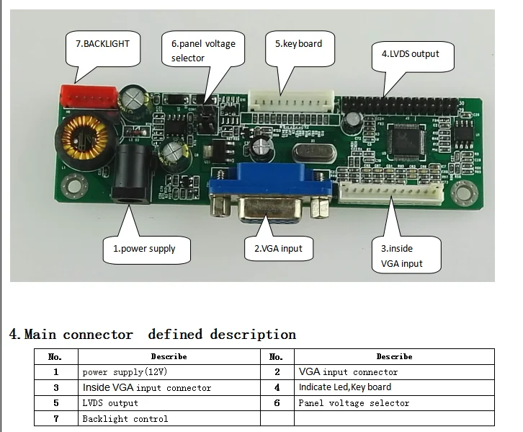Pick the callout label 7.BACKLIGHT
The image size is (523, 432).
(102, 44)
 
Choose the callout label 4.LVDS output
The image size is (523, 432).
(410, 54)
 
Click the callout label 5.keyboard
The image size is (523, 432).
(298, 44)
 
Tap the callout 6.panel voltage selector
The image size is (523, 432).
(202, 50)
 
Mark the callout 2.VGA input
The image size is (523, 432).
(279, 249)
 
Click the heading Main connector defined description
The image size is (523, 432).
(152, 335)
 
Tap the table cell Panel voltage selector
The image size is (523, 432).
(353, 403)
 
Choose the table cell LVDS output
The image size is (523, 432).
(109, 403)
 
